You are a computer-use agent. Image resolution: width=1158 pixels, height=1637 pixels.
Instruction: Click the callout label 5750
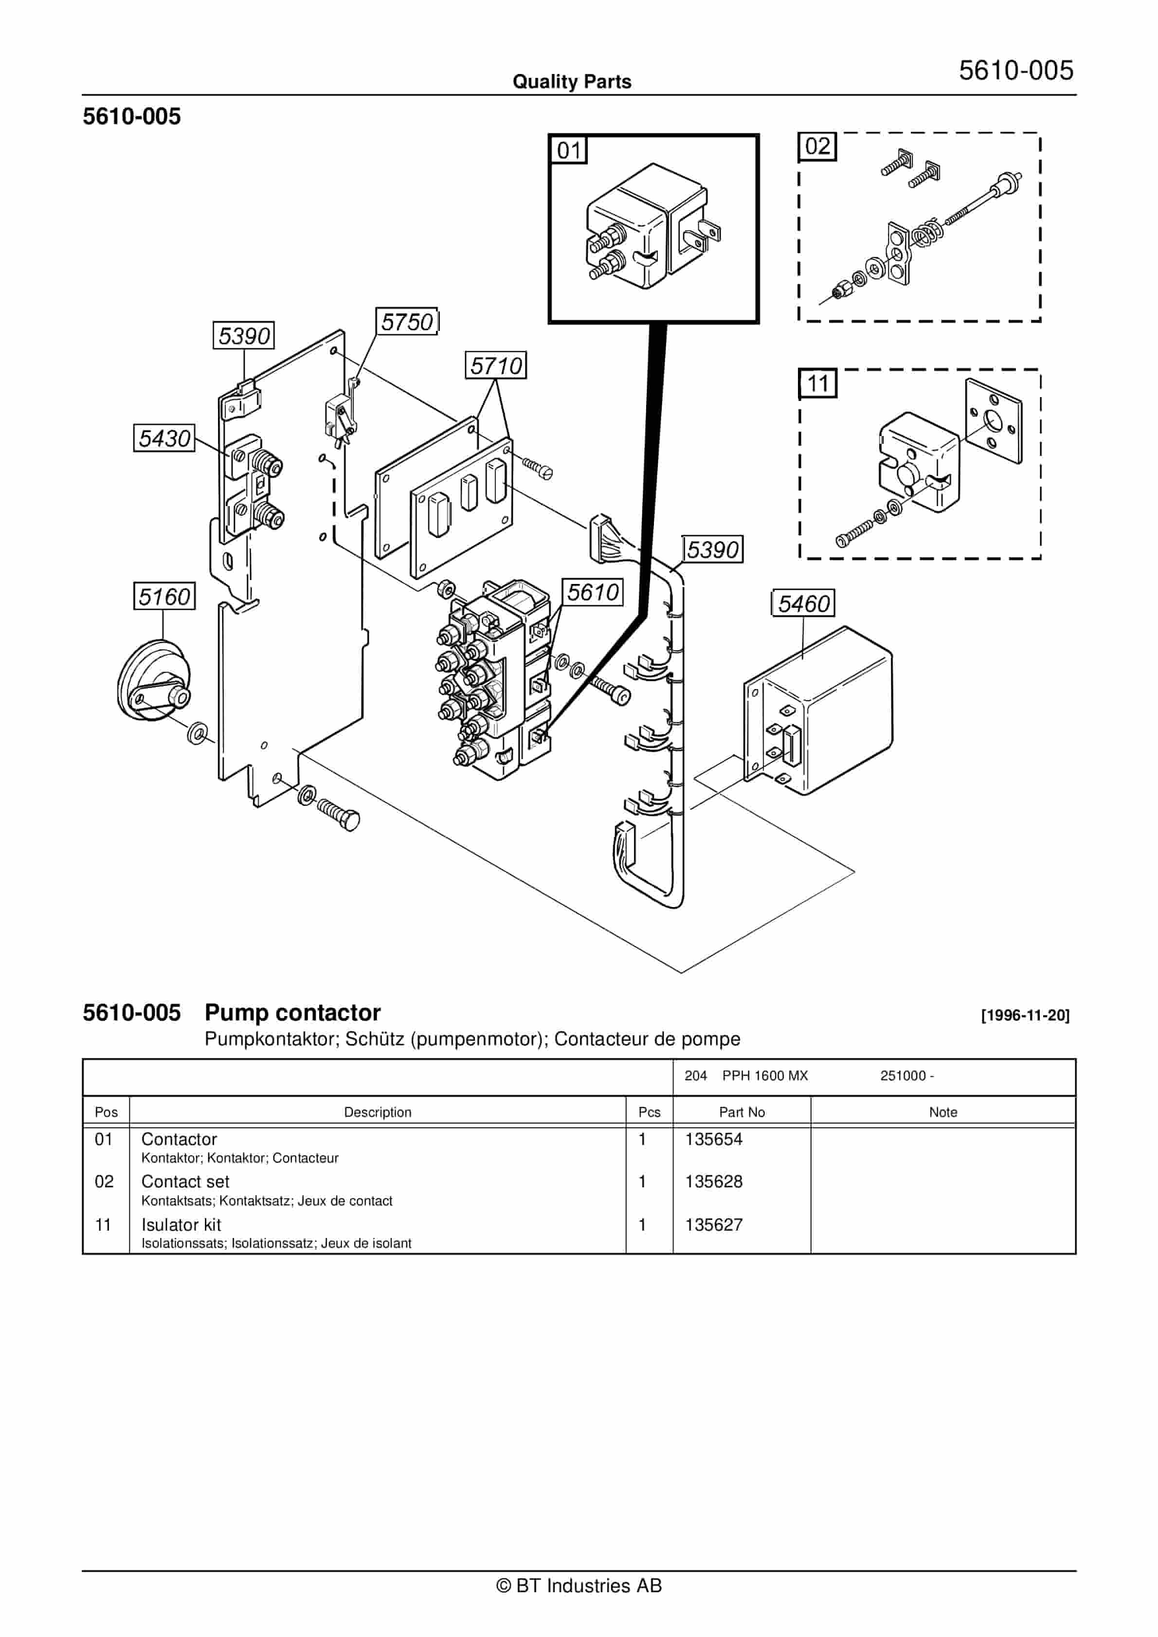click(x=407, y=322)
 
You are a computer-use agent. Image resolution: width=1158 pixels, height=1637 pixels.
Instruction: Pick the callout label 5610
click(x=593, y=592)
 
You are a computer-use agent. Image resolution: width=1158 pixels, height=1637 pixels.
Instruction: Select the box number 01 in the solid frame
click(x=568, y=150)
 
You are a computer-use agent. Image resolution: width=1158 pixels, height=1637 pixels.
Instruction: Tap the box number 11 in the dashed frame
click(x=817, y=383)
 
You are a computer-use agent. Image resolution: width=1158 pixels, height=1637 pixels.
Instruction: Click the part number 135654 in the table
click(x=714, y=1139)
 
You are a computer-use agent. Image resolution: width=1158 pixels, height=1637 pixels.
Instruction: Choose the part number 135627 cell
click(x=714, y=1225)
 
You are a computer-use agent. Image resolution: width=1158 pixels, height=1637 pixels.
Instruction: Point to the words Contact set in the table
click(x=185, y=1182)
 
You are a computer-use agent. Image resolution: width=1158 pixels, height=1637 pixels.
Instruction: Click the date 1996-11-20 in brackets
click(x=1025, y=1015)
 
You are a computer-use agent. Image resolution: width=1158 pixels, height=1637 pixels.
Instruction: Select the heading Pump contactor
click(x=292, y=1013)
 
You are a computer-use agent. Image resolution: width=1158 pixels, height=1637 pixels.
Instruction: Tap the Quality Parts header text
click(x=572, y=81)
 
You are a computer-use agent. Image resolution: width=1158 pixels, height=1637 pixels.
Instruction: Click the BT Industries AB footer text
click(x=579, y=1586)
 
